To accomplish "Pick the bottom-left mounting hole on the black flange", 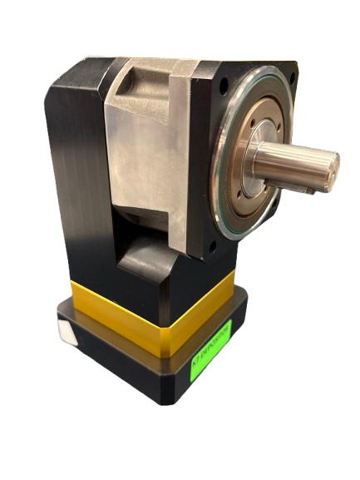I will [214, 247].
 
